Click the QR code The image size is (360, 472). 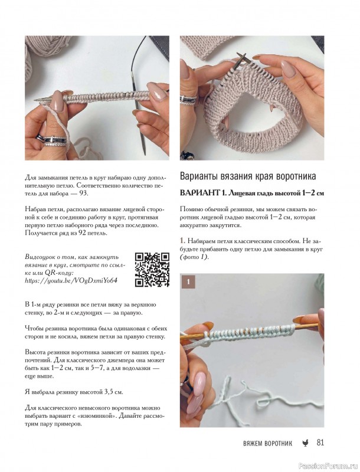point(151,269)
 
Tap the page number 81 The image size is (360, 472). point(321,443)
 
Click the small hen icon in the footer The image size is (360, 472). point(305,444)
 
